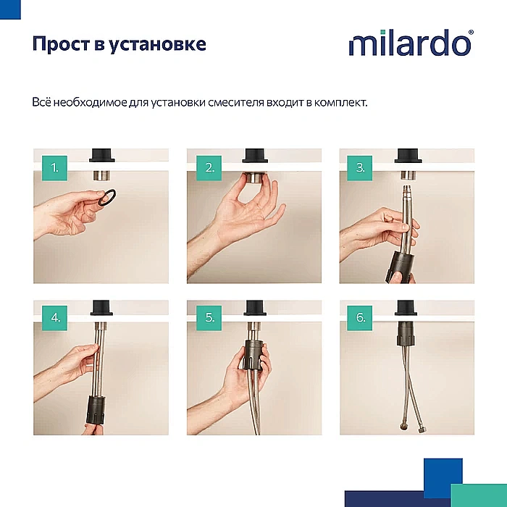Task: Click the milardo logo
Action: click(x=410, y=43)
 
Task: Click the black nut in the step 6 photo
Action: click(x=406, y=335)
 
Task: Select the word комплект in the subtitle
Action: click(x=340, y=102)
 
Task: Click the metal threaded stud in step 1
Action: click(x=101, y=174)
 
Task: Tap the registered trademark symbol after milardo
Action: click(x=472, y=33)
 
